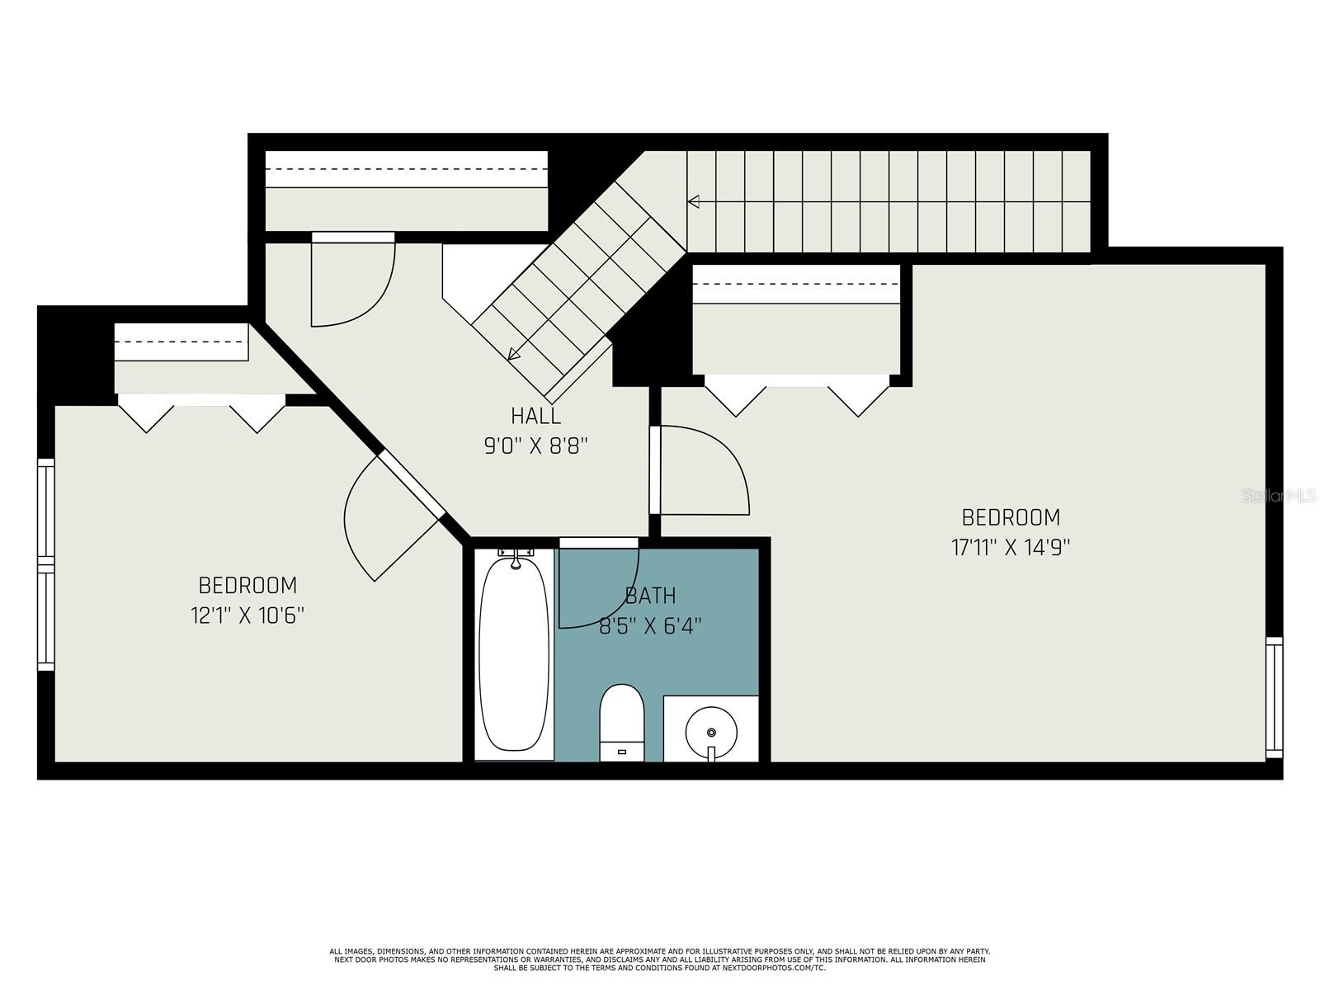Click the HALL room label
535,415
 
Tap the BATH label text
650,595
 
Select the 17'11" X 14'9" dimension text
1011,547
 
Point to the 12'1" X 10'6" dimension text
247,615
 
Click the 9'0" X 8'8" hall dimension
535,446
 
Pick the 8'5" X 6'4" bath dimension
650,626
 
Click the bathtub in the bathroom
514,654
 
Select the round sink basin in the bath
711,732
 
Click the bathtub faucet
516,557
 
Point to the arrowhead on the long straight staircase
693,201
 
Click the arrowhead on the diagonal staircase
514,353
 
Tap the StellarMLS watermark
1279,496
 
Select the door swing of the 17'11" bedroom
705,470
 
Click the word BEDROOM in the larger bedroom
1011,517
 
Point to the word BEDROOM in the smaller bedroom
247,585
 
